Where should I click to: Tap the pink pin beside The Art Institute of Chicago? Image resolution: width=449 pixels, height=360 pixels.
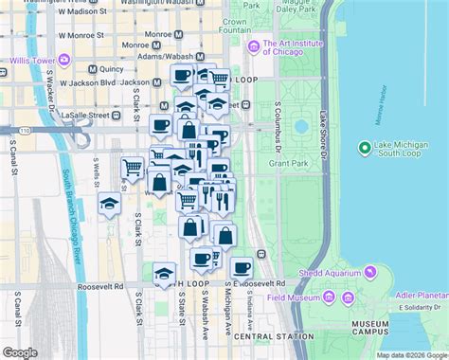(253, 47)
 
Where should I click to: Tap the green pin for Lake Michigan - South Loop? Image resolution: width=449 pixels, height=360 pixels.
(366, 146)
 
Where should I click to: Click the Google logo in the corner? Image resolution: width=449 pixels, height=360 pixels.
(20, 352)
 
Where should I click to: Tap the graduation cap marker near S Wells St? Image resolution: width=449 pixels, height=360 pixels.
(110, 204)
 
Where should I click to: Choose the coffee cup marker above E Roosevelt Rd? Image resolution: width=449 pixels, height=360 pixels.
(242, 267)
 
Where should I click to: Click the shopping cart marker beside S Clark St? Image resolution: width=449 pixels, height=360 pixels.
(133, 168)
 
